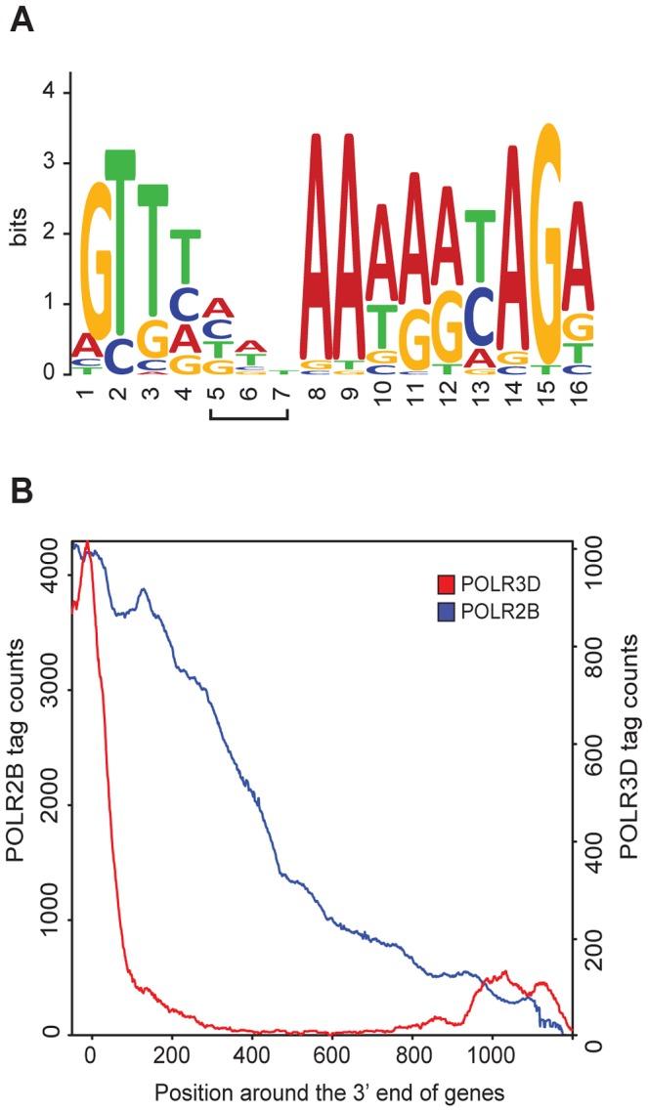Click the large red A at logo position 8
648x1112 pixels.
315,244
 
